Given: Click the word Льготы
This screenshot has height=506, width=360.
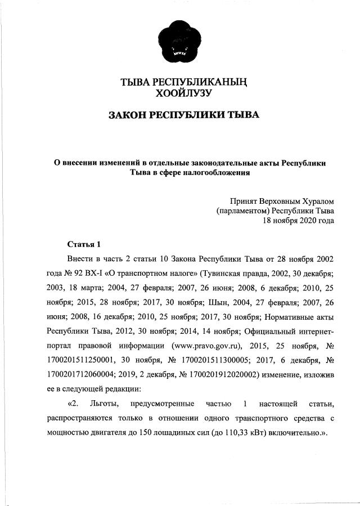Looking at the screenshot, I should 103,404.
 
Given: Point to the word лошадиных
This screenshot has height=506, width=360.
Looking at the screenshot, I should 184,433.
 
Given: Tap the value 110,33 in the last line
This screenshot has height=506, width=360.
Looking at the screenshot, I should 244,433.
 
